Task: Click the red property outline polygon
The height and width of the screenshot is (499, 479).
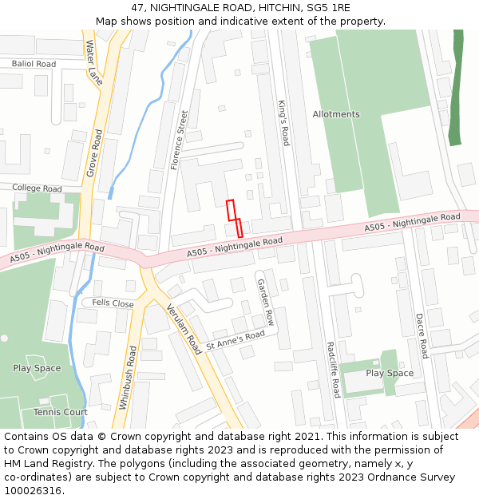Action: pos(234,217)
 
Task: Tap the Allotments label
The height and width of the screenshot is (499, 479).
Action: pos(336,114)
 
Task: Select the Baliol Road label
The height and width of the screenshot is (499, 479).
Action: pos(34,64)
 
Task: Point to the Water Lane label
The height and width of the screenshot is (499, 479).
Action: pos(94,62)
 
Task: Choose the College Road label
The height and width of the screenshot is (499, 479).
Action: pos(37,188)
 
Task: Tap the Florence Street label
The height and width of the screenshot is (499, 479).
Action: pos(178,140)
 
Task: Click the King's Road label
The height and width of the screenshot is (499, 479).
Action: pos(283,122)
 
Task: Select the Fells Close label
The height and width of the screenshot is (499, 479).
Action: pos(113,303)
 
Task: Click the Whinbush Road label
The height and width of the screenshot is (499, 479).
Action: pos(124,378)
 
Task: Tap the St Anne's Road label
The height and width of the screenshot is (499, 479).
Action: pos(235,340)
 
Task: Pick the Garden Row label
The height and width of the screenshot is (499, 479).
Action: pos(265,302)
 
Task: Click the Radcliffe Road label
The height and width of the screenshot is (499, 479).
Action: pos(333,370)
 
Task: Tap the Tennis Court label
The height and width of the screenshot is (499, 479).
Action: pos(61,412)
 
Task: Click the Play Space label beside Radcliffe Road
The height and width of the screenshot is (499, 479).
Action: pos(390,373)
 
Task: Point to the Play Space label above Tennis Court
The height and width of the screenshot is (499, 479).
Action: pos(37,368)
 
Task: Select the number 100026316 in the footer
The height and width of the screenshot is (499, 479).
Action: pos(32,490)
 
